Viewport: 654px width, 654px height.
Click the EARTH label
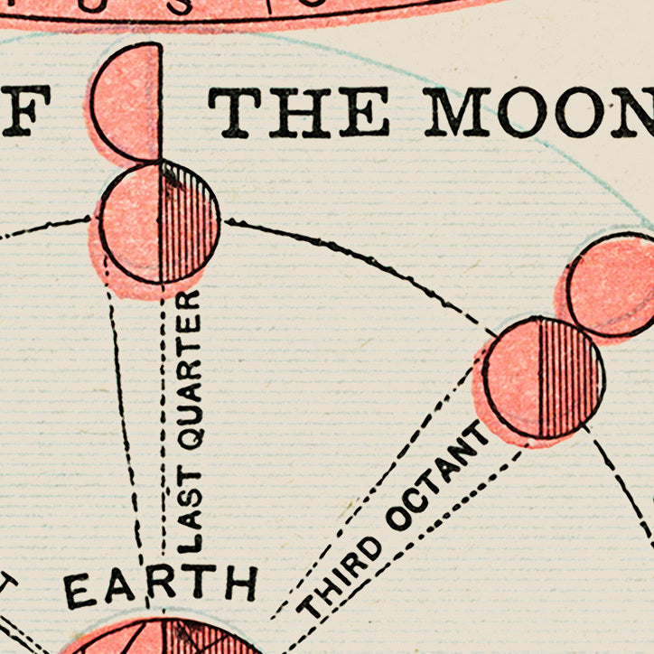click(161, 586)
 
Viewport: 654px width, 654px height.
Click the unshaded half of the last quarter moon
click(131, 222)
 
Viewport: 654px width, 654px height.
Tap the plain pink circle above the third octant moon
click(614, 285)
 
